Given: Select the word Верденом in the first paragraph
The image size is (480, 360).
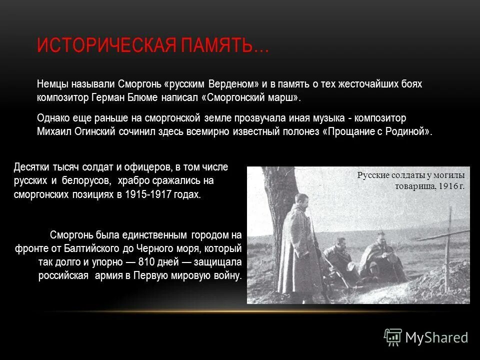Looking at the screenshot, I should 233,84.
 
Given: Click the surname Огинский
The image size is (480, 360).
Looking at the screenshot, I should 94,132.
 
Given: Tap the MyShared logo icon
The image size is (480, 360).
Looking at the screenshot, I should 393,337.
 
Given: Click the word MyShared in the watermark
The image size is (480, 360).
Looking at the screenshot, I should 436,338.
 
